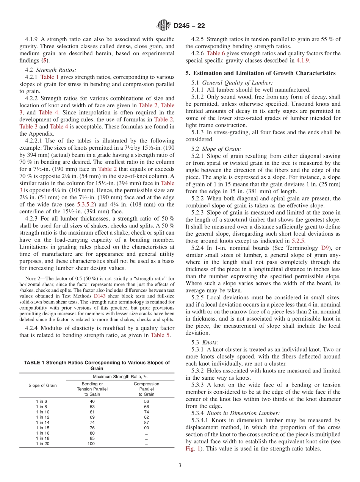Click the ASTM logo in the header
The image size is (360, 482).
(x=164, y=26)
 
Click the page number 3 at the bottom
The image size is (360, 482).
(x=180, y=465)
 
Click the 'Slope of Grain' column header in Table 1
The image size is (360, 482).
(x=42, y=385)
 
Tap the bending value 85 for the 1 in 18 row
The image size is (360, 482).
(x=91, y=438)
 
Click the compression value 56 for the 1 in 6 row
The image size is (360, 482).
(x=146, y=401)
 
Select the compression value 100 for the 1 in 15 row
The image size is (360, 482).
(x=146, y=428)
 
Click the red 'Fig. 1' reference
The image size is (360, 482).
(x=193, y=449)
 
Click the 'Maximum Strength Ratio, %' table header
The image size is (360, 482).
(x=120, y=377)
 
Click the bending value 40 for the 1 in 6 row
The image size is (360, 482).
(x=91, y=401)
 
